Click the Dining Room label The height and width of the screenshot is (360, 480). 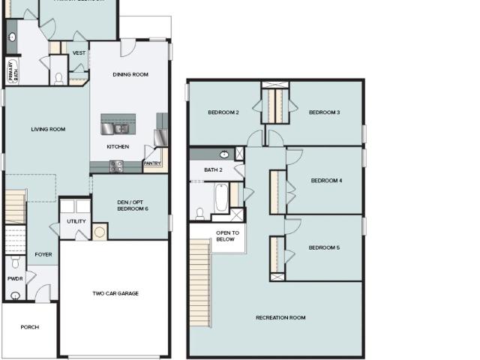click(130, 74)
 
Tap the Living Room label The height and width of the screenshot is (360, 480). click(48, 129)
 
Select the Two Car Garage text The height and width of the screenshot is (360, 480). click(115, 293)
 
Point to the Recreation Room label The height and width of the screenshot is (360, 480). click(280, 318)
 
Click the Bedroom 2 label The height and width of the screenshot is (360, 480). click(223, 112)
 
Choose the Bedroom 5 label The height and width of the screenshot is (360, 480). click(324, 247)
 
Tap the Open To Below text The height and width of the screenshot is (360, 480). click(227, 236)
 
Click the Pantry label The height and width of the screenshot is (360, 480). click(152, 163)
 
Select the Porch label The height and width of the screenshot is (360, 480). click(30, 327)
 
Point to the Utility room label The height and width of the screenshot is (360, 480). click(76, 221)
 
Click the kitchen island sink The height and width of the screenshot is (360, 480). click(121, 129)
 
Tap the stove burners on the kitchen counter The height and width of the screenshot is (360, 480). click(117, 166)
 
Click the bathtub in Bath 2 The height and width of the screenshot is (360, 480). click(222, 198)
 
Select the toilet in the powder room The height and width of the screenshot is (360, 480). click(15, 262)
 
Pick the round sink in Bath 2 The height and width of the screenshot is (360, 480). click(224, 154)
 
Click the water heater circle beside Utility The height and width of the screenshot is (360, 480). click(100, 232)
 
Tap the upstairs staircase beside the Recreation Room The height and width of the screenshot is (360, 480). click(200, 283)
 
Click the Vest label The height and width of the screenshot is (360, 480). click(79, 53)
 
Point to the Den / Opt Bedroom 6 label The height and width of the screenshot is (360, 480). click(132, 205)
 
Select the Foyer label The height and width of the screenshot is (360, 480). click(43, 254)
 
